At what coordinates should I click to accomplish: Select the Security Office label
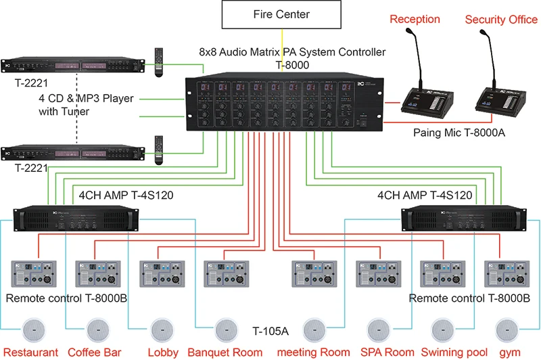pyautogui.click(x=501, y=19)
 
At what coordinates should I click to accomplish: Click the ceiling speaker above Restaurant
pyautogui.click(x=32, y=330)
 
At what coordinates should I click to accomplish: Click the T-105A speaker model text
pyautogui.click(x=270, y=331)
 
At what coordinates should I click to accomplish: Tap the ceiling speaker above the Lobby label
pyautogui.click(x=160, y=330)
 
